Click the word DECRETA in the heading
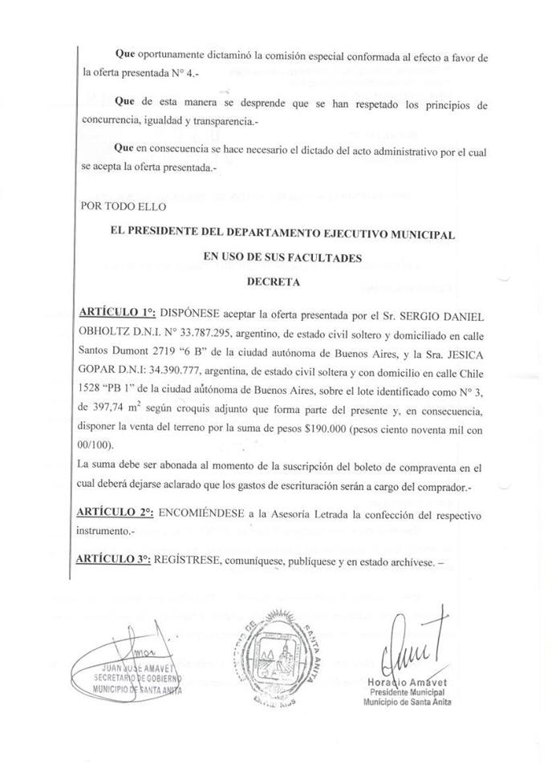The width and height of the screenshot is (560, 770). pyautogui.click(x=274, y=282)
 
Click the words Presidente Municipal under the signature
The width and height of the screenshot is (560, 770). pyautogui.click(x=408, y=692)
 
